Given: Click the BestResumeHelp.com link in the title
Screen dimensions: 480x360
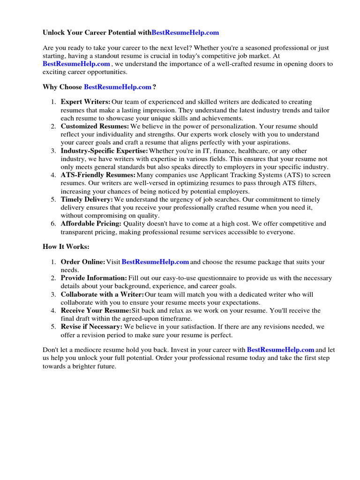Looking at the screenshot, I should tap(185, 33).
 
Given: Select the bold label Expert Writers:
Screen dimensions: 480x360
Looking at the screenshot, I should tap(85, 102).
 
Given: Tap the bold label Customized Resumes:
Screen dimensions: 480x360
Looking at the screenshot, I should tap(95, 126).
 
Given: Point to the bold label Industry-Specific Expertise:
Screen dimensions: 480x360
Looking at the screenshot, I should tap(104, 150).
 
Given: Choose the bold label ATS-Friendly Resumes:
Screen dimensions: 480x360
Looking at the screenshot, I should tap(97, 175).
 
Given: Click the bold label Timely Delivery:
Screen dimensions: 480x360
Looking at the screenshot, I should tap(87, 199).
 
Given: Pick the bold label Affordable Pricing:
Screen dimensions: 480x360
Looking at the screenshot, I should tap(91, 224).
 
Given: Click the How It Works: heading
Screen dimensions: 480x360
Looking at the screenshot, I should tap(66, 246).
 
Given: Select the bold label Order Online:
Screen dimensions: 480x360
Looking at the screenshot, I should tap(82, 262).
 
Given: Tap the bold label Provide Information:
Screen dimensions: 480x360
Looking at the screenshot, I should tap(94, 278).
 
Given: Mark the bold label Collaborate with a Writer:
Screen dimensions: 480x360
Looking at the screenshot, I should tap(102, 294).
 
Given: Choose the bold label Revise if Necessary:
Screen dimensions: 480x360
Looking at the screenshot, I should tap(91, 326).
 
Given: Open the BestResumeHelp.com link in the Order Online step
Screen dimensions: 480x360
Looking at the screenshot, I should tap(155, 262).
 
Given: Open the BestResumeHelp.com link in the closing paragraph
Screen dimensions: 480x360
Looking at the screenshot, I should tap(280, 350).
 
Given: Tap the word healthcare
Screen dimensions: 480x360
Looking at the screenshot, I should tap(255, 150).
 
